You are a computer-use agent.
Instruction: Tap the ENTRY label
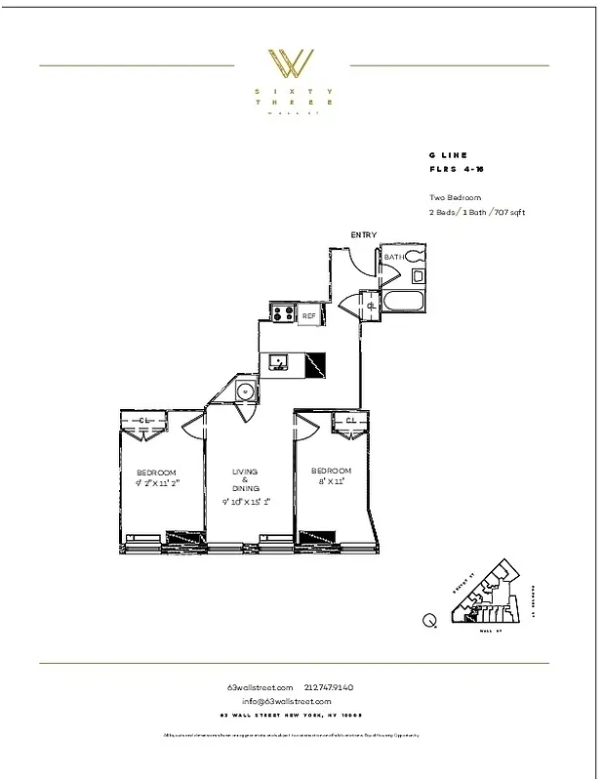tap(364, 235)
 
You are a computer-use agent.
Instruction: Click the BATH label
tap(393, 257)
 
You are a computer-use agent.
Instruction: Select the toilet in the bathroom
tap(416, 257)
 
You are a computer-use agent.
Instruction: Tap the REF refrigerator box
tap(308, 315)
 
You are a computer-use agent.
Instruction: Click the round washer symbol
tap(245, 392)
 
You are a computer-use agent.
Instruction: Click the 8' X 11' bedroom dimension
tap(330, 481)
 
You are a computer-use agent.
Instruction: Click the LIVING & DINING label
tap(245, 479)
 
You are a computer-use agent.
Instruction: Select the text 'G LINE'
tap(448, 155)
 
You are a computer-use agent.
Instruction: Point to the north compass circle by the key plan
tap(429, 619)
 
